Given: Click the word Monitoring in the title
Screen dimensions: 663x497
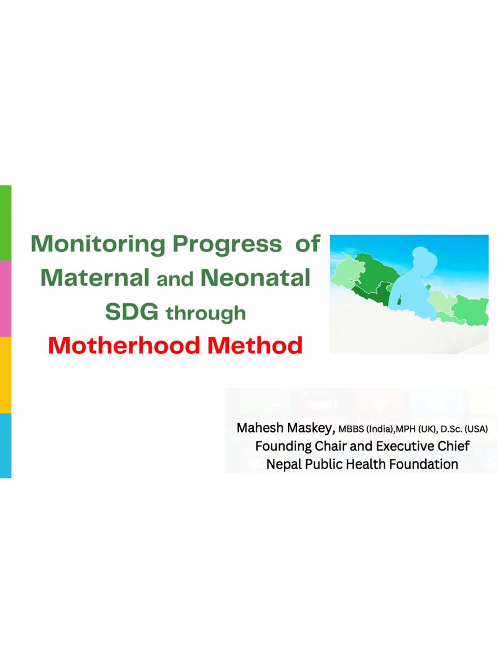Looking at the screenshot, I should (x=98, y=244).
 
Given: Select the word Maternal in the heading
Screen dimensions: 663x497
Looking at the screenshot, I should (x=95, y=278).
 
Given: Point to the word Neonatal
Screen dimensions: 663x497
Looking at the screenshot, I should (x=255, y=278).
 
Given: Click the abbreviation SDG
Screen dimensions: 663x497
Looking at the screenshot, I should (x=131, y=312).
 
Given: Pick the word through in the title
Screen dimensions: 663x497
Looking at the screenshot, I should (x=206, y=313).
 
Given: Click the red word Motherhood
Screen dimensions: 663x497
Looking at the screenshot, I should (x=124, y=345).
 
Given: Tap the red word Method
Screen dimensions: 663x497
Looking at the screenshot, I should (x=255, y=345).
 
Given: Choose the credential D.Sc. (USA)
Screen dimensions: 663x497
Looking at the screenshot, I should (x=464, y=429).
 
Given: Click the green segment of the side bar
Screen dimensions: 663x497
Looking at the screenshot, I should (x=5, y=223).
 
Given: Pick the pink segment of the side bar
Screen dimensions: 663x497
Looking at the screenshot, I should (x=5, y=298).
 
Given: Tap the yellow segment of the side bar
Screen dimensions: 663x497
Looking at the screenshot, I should (x=5, y=375).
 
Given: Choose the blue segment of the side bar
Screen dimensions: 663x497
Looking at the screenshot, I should (x=5, y=445).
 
